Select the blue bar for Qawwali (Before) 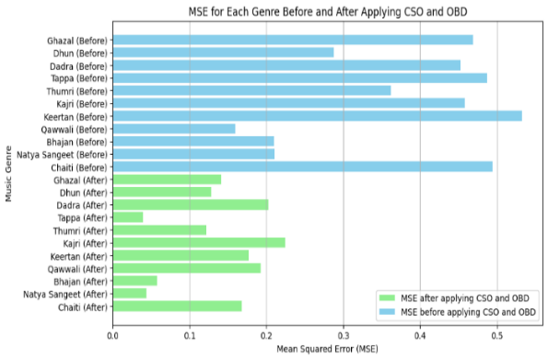[174, 129]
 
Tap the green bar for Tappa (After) [128, 216]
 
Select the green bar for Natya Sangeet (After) [130, 293]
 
